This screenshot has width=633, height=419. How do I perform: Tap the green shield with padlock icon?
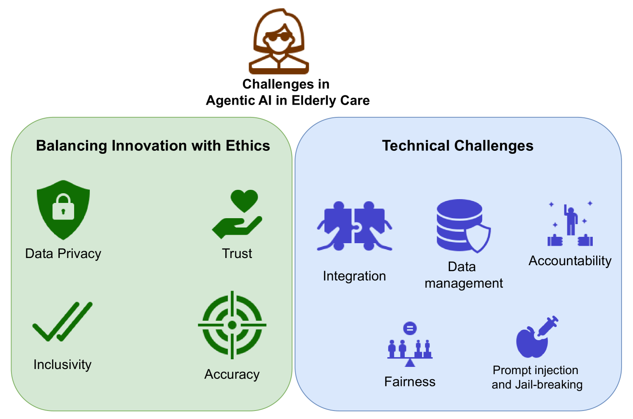(x=64, y=210)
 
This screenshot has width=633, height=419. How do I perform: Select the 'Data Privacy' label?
(x=63, y=254)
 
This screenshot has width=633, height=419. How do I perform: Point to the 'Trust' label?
(x=237, y=253)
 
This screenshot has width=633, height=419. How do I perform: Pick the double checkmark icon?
(x=62, y=322)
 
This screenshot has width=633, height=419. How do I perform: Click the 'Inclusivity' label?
(x=62, y=364)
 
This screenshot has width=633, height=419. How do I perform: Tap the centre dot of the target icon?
(x=232, y=325)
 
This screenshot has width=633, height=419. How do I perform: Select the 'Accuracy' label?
(x=232, y=375)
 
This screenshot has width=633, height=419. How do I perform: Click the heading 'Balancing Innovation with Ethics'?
(x=153, y=146)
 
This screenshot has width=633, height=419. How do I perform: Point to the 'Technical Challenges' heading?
(x=458, y=146)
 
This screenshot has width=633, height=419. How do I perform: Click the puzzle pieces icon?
(x=354, y=226)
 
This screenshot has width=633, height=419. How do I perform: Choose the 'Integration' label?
(x=354, y=276)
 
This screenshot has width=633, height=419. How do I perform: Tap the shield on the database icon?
(x=478, y=238)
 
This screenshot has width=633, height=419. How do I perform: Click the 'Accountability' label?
(x=570, y=261)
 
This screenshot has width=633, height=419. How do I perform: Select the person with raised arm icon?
(x=571, y=220)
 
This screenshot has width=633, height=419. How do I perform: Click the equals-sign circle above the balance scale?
(x=410, y=328)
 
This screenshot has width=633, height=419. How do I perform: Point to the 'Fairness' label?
(x=410, y=382)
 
